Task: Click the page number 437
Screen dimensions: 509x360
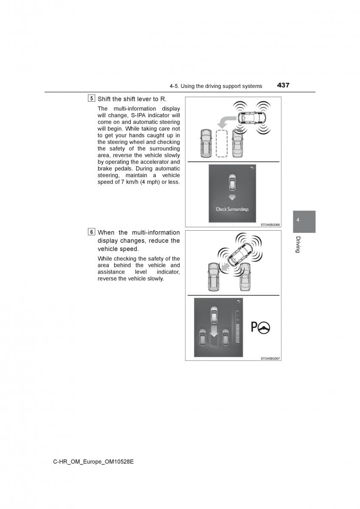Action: [283, 85]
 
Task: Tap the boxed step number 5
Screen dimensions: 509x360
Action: [92, 99]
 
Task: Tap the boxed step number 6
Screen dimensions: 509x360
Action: [92, 232]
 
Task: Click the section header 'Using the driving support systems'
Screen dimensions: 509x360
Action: [216, 86]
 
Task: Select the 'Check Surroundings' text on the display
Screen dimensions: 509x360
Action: [232, 209]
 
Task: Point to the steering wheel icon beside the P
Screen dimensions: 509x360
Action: [264, 327]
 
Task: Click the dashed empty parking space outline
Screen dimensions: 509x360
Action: [222, 143]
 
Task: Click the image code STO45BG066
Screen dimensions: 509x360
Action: [270, 225]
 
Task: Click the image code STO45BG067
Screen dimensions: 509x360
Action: [270, 358]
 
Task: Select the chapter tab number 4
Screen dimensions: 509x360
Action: [298, 220]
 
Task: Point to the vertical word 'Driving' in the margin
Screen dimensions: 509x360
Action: [298, 244]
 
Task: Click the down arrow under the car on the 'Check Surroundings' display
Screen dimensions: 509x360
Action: [232, 197]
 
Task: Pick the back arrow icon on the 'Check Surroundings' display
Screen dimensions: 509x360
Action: [253, 168]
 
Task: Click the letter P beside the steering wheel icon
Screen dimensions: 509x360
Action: [254, 327]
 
